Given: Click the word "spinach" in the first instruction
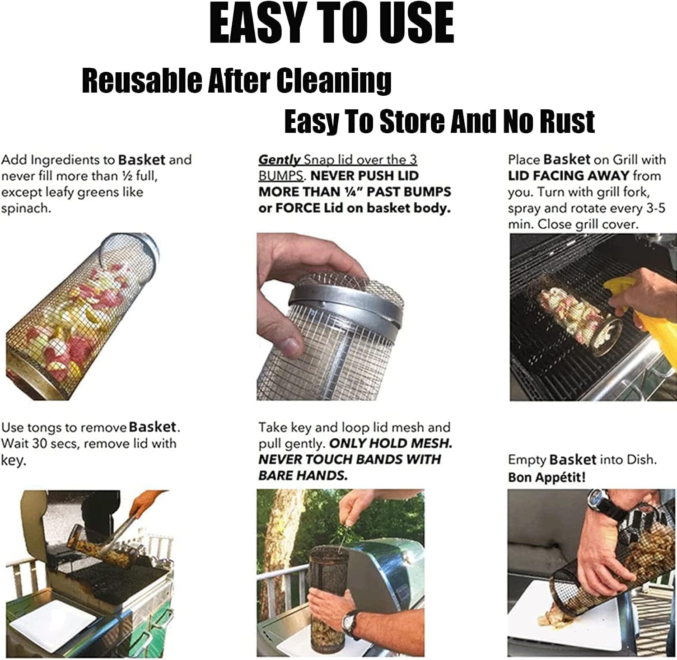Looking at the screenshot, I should tap(25, 209).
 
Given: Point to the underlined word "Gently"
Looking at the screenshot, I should tap(279, 160).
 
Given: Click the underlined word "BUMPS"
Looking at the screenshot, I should tap(280, 176).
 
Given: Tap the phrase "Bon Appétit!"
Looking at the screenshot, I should tap(546, 477).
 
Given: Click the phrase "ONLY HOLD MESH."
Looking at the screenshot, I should tap(391, 443).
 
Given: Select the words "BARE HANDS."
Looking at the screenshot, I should tap(303, 475).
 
